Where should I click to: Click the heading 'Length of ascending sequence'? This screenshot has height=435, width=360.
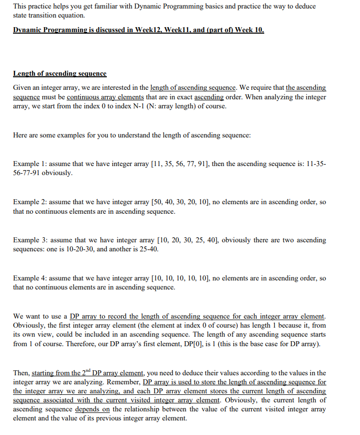pyautogui.click(x=60, y=74)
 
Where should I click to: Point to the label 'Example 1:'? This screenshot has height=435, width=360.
pyautogui.click(x=30, y=164)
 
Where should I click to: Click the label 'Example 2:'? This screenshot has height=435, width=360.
pyautogui.click(x=30, y=202)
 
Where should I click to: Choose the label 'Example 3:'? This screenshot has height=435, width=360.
pyautogui.click(x=30, y=240)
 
